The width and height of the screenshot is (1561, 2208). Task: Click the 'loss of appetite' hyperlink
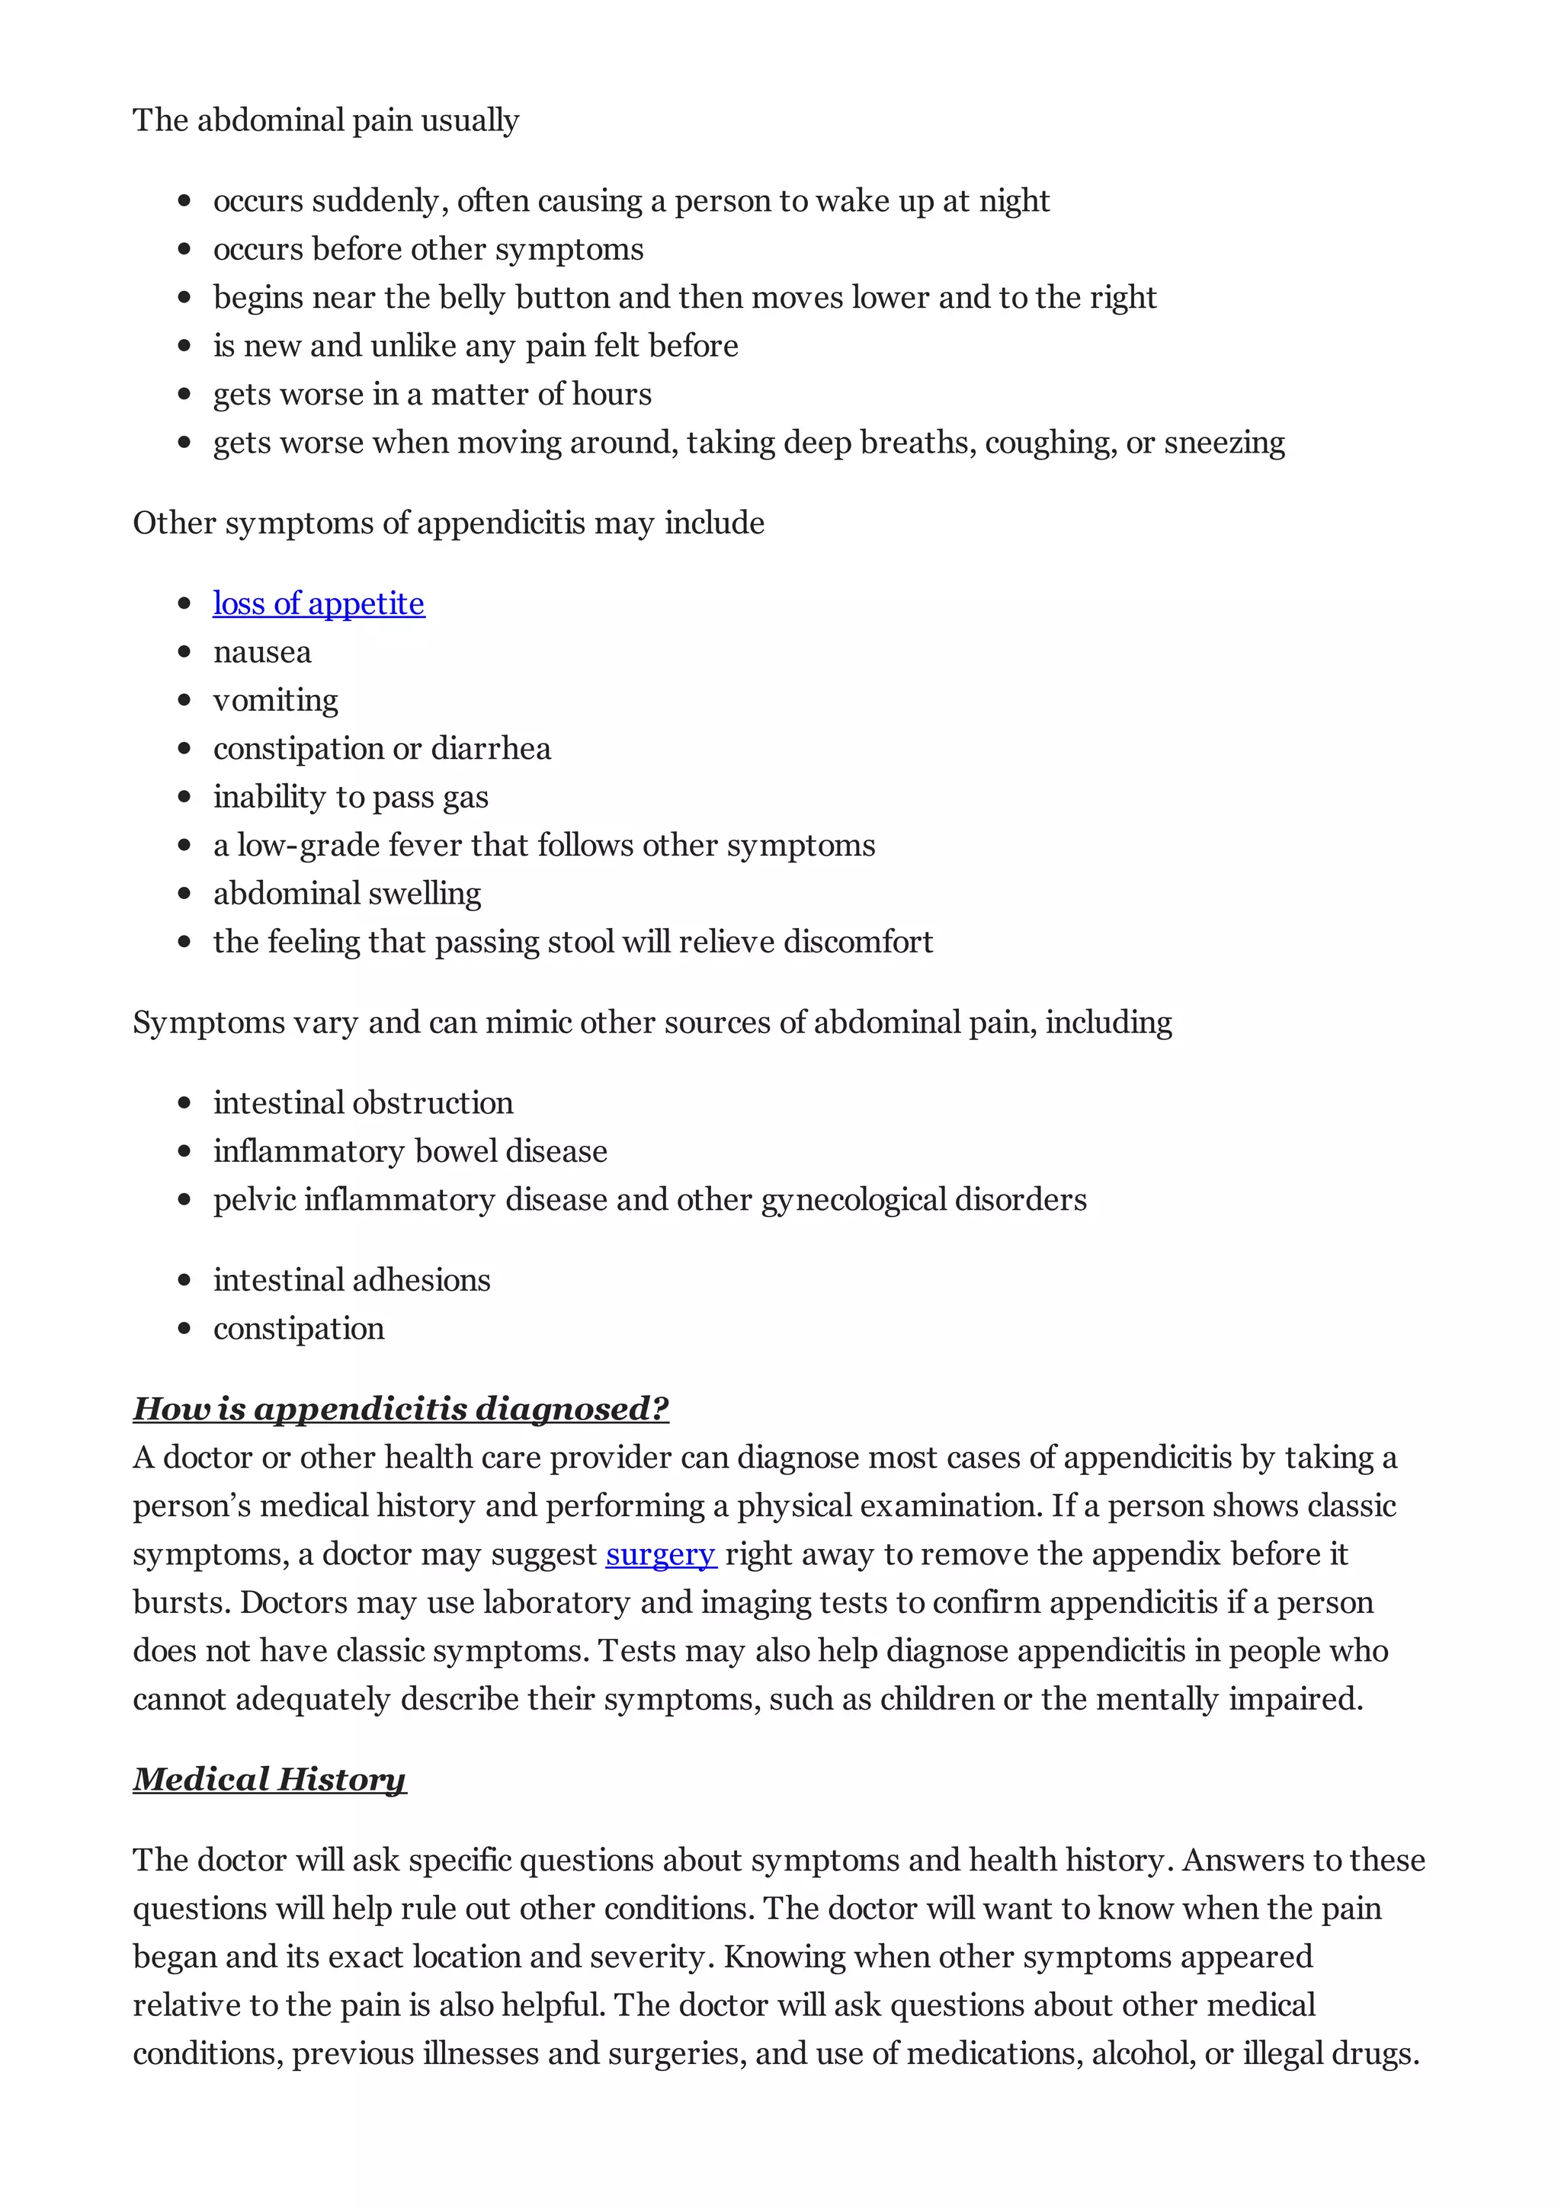coord(319,604)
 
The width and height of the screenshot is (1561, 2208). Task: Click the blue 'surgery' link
coord(661,1554)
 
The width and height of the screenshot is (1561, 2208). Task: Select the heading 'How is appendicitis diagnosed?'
coord(400,1409)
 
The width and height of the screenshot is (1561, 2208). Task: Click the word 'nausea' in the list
coord(261,652)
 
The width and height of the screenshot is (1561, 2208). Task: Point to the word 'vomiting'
coord(275,701)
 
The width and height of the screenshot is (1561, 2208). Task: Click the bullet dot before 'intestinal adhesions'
coord(184,1280)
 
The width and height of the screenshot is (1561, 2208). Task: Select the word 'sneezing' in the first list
coord(1224,443)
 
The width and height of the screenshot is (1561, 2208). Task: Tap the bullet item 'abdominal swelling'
coord(346,894)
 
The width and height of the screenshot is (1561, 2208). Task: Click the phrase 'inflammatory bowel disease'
coord(410,1151)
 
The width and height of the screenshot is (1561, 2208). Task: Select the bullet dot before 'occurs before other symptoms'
coord(184,249)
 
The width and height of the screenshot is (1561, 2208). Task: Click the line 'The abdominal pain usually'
coord(325,120)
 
